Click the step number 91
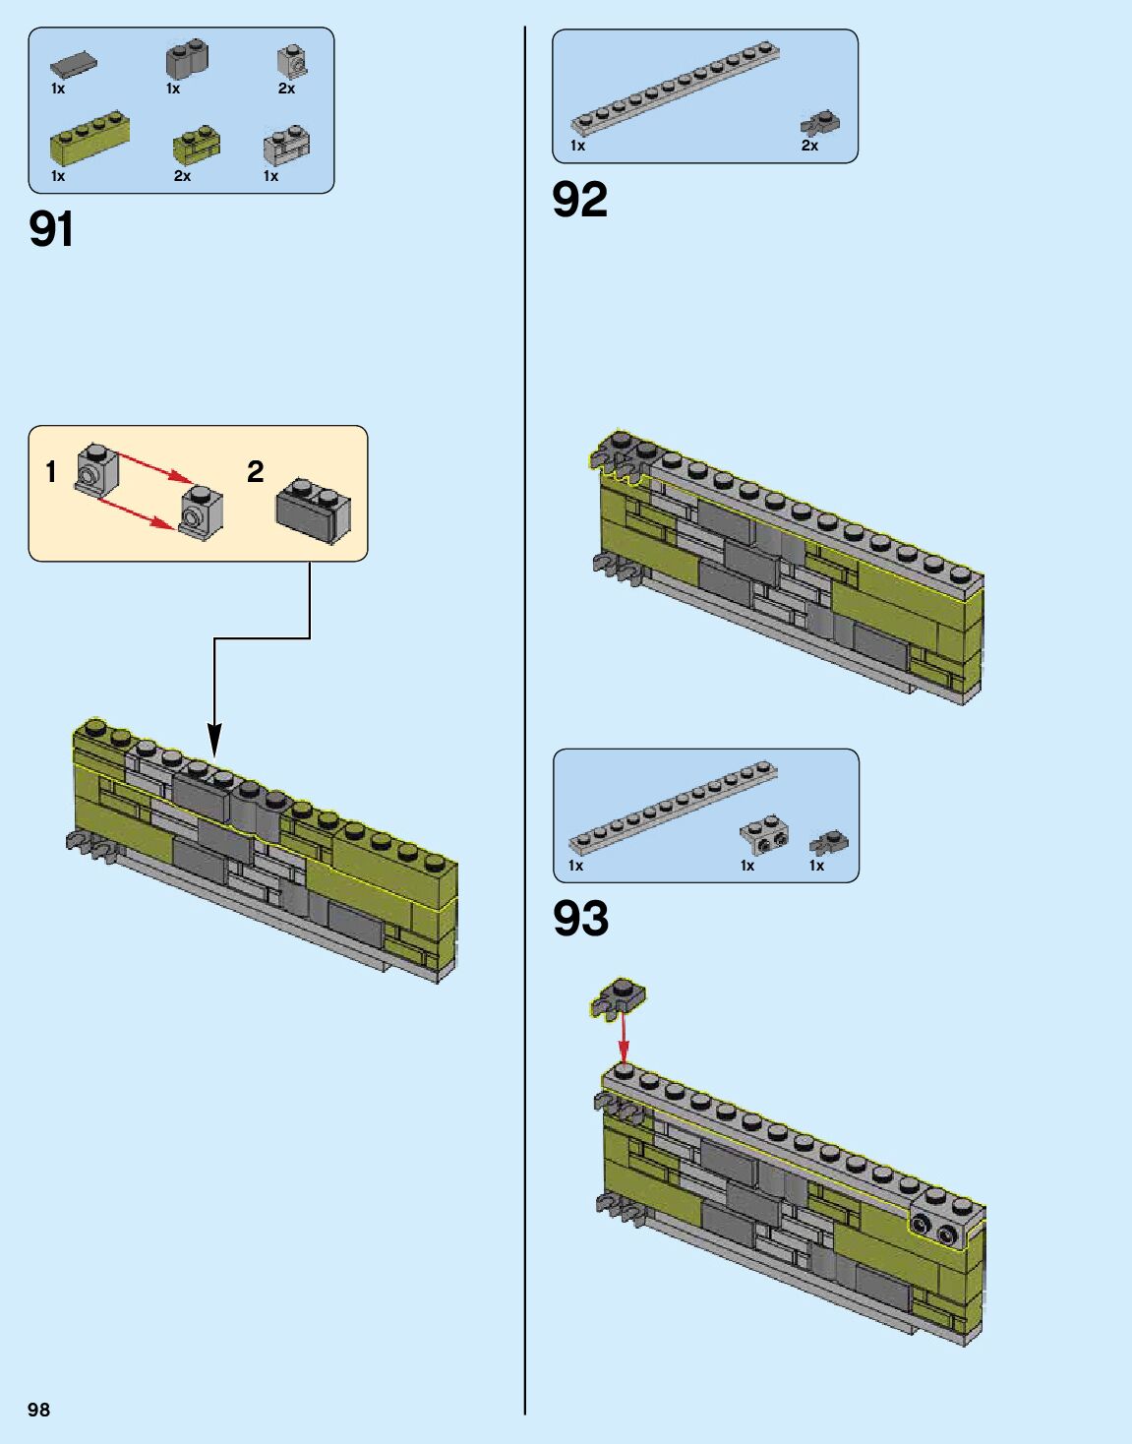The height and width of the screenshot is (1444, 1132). coord(51,229)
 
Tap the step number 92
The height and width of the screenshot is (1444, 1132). coord(579,200)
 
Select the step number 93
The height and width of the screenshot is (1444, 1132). coord(580,919)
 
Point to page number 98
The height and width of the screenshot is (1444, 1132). coord(38,1410)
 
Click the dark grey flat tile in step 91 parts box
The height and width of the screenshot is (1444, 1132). coord(74,65)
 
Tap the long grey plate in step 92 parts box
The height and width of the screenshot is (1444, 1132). coord(675,88)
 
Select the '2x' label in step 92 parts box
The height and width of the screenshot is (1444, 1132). coord(809,146)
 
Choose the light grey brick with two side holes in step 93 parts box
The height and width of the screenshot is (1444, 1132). coord(764,835)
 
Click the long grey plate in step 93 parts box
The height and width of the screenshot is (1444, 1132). coord(673,808)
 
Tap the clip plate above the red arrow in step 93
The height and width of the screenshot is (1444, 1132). coord(618,997)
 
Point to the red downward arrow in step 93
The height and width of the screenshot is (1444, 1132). coord(622,1041)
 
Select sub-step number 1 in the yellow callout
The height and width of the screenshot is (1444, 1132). coord(51,472)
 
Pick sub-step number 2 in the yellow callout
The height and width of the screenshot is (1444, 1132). coord(256,472)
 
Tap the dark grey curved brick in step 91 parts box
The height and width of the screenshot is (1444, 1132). coord(186,60)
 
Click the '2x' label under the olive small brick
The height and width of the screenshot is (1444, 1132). coord(182,176)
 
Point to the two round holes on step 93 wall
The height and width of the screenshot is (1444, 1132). coord(934,1229)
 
